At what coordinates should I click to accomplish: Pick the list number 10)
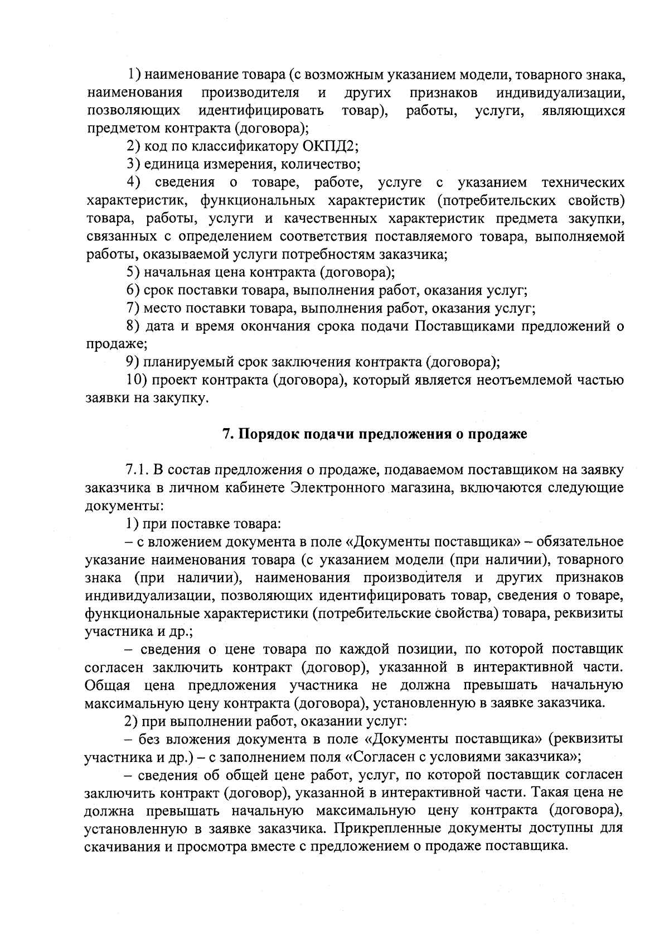pos(135,381)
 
